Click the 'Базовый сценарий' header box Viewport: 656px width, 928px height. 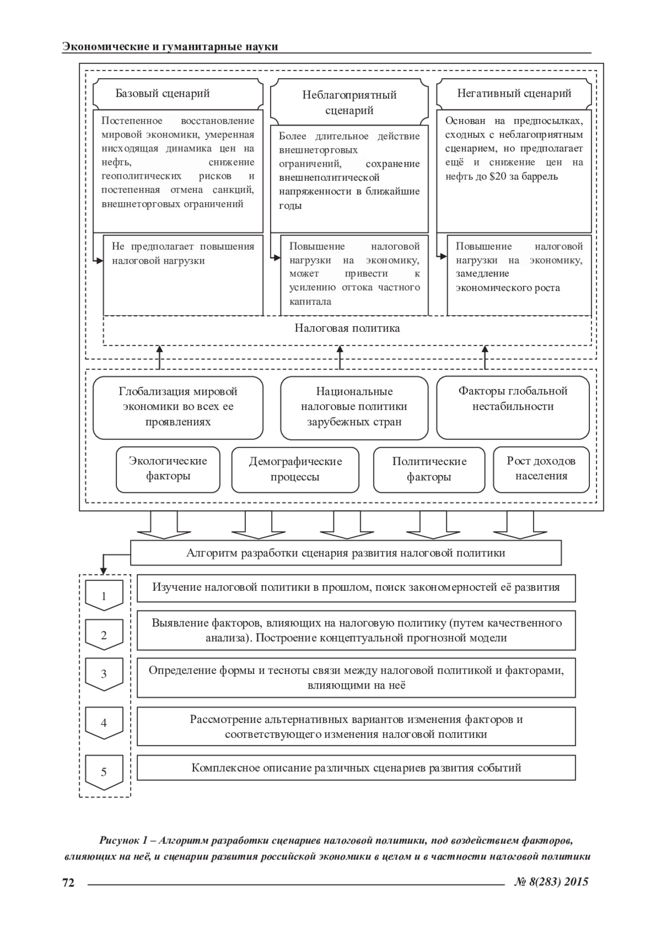[178, 93]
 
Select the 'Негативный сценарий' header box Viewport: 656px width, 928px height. [514, 93]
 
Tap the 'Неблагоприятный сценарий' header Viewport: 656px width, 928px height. [349, 102]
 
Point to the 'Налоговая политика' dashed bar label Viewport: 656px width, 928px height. [347, 328]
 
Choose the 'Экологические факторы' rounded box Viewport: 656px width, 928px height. [168, 468]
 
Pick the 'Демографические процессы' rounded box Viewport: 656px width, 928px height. [295, 469]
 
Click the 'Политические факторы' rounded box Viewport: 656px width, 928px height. [429, 469]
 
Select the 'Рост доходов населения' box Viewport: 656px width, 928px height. [541, 468]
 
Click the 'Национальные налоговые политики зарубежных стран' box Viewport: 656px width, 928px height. [354, 407]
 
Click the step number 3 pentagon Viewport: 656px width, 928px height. [104, 674]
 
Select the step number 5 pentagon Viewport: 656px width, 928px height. [104, 772]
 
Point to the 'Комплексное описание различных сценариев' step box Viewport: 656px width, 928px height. [356, 768]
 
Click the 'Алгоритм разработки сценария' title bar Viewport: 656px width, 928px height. [345, 553]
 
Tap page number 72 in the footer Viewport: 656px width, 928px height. [68, 882]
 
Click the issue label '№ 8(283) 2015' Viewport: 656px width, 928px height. [552, 882]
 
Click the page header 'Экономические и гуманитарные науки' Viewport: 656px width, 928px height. [170, 46]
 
